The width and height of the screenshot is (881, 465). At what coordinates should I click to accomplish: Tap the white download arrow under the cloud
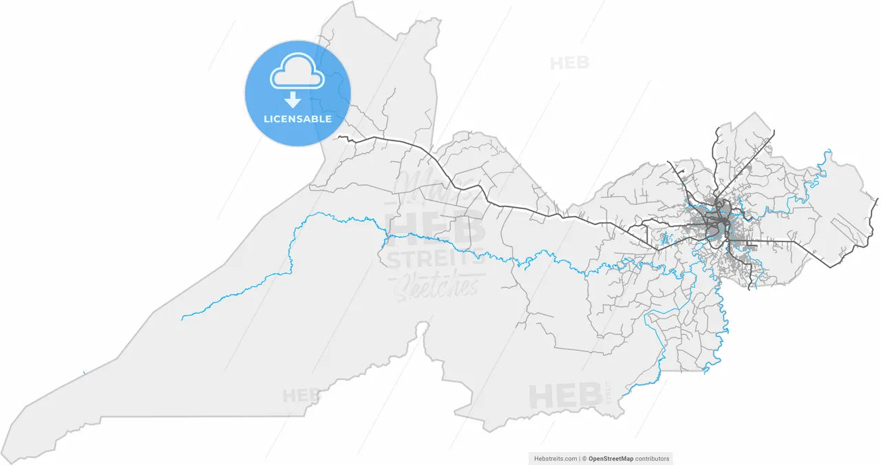point(293,100)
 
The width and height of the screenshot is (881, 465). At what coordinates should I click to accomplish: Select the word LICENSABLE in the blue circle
point(297,119)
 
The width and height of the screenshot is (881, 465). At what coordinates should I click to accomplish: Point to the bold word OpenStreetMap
point(611,458)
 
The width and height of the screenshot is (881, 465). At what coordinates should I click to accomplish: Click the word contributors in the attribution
point(652,458)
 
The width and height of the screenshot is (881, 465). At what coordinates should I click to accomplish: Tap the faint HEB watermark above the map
point(569,63)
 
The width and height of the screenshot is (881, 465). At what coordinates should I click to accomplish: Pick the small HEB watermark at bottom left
point(301,396)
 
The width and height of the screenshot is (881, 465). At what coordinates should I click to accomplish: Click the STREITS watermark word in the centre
point(436,260)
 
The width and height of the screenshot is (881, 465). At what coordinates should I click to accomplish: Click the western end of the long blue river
point(182,319)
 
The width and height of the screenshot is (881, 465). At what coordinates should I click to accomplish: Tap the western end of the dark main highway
point(339,138)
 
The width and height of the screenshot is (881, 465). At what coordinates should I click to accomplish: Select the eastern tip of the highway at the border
point(877,199)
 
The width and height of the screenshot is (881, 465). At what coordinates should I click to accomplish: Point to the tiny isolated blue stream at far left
point(84,374)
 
